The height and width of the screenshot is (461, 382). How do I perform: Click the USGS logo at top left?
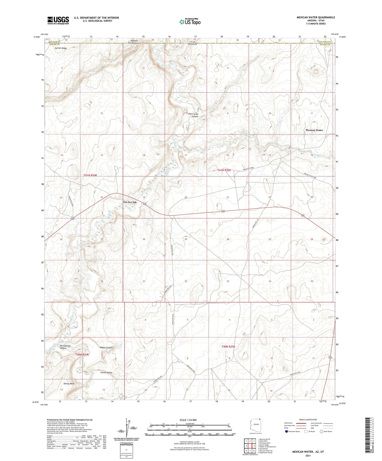click(58, 20)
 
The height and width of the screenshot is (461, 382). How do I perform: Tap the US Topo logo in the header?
click(190, 22)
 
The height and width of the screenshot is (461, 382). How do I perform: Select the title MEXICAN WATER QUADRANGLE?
click(315, 17)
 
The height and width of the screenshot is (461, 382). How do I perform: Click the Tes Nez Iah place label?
click(130, 202)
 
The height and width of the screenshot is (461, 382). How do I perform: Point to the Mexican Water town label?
click(314, 130)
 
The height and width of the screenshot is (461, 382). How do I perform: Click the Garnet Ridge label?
click(61, 48)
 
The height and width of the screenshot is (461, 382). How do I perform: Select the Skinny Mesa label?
click(69, 384)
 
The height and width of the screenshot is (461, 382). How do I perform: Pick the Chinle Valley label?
click(106, 373)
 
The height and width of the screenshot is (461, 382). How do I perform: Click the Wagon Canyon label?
click(106, 348)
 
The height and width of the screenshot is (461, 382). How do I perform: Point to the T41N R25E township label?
click(224, 170)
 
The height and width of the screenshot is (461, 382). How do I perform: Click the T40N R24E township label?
click(82, 355)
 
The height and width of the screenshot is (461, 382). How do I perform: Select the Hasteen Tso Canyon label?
click(133, 41)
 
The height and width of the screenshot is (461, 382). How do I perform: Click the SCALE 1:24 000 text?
click(188, 420)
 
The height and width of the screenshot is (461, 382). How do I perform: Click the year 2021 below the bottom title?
click(308, 456)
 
